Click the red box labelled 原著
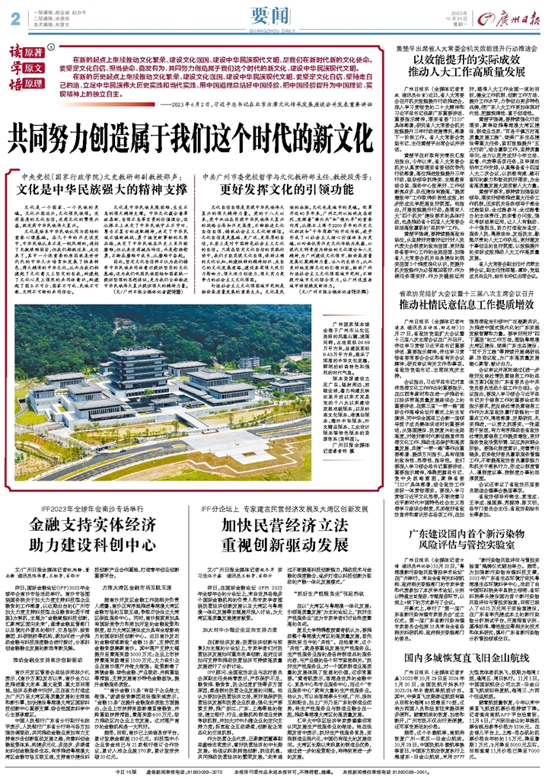point(31,53)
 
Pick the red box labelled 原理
point(31,82)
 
